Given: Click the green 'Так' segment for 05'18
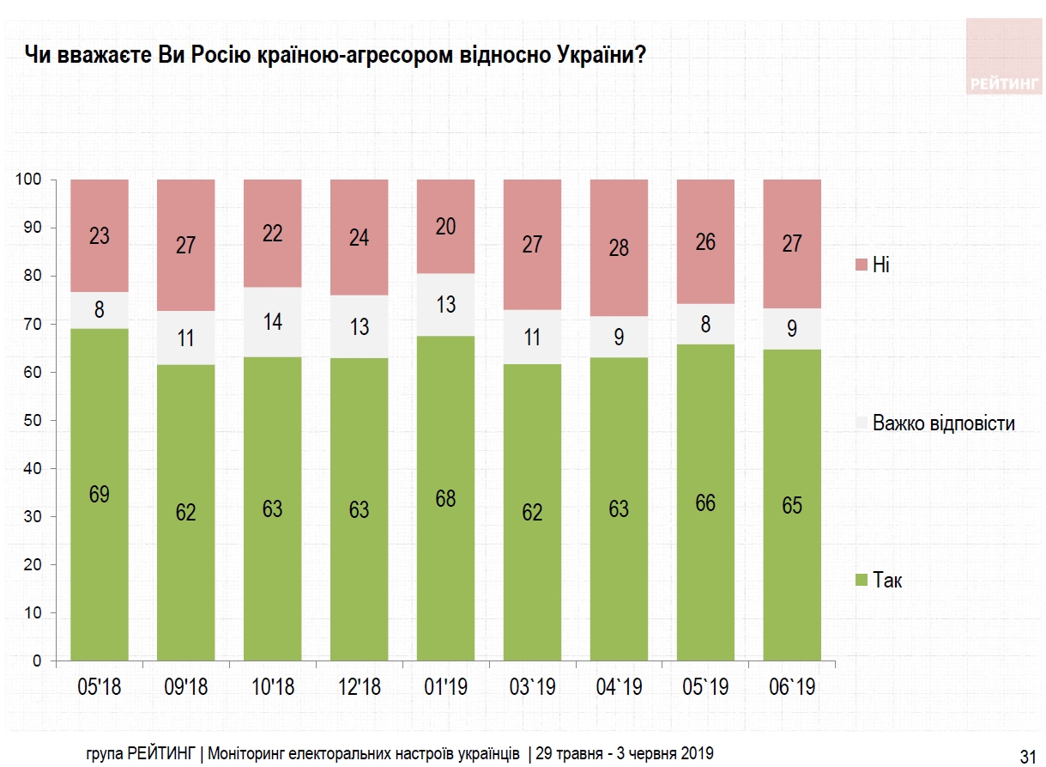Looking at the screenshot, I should pos(100,494).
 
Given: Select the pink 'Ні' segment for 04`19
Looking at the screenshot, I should pos(619,248).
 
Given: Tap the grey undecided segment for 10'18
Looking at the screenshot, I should pos(272,322).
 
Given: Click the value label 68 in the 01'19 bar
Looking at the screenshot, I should pos(445,498).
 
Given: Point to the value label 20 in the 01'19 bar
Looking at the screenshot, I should pos(445,227).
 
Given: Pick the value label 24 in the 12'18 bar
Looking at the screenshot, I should pos(359,237).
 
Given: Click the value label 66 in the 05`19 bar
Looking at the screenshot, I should pos(705,502).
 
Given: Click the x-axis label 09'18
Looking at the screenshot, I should pos(185,688).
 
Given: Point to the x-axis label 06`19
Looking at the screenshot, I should pos(791,688).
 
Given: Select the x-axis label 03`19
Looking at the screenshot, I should pos(532,688).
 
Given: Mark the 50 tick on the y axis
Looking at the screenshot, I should pos(33,421).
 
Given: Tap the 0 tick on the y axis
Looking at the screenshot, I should pos(38,661).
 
